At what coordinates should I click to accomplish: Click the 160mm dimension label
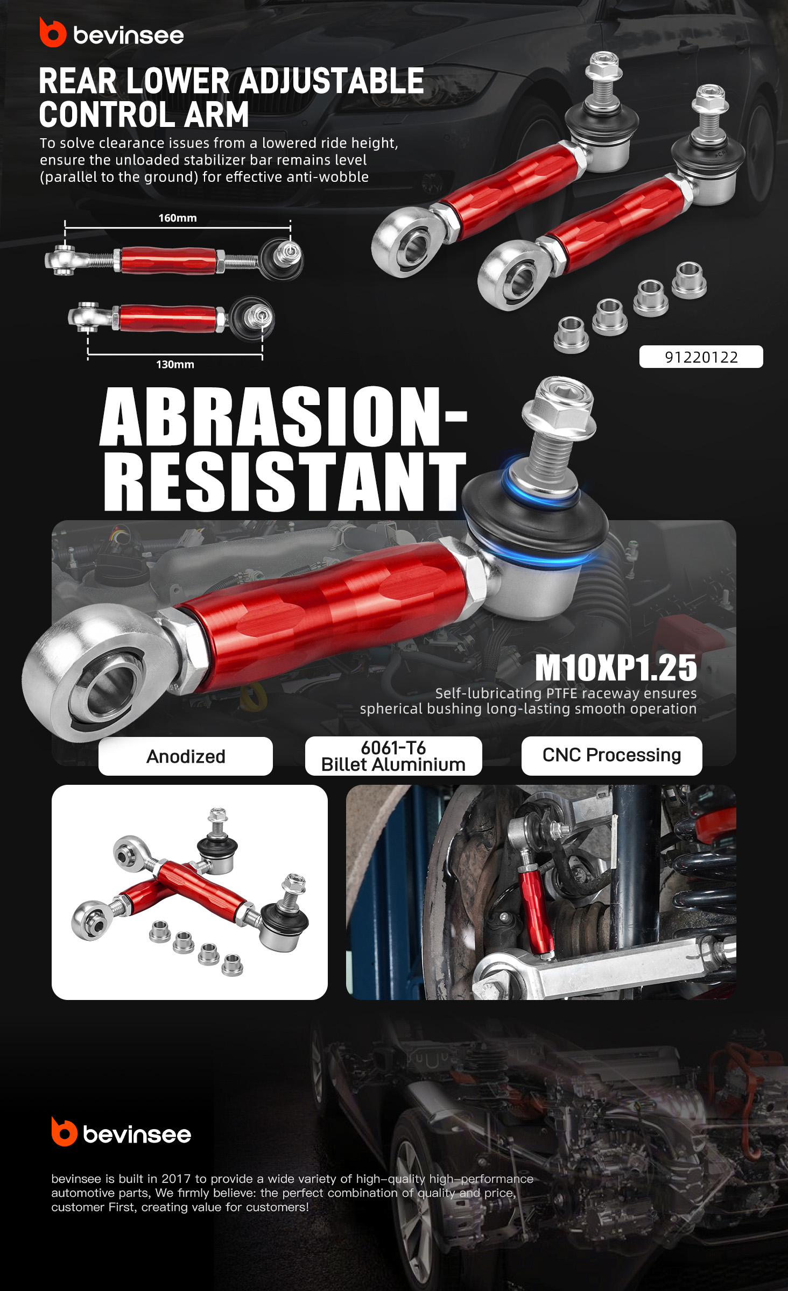click(x=178, y=218)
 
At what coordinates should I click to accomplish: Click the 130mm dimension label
click(x=175, y=364)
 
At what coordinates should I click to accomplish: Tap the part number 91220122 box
click(x=701, y=357)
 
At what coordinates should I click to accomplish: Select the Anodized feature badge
click(x=186, y=756)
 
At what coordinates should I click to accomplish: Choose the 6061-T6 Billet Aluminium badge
click(x=393, y=756)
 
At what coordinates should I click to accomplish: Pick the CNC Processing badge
click(x=611, y=755)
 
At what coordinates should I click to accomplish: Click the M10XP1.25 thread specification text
click(x=616, y=668)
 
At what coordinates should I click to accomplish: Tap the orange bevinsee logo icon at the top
click(x=52, y=33)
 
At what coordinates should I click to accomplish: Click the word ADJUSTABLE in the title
click(x=331, y=81)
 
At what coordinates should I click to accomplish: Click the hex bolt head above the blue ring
click(x=559, y=406)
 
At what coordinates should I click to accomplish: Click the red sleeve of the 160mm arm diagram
click(x=168, y=260)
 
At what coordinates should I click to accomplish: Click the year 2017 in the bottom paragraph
click(x=176, y=1179)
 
